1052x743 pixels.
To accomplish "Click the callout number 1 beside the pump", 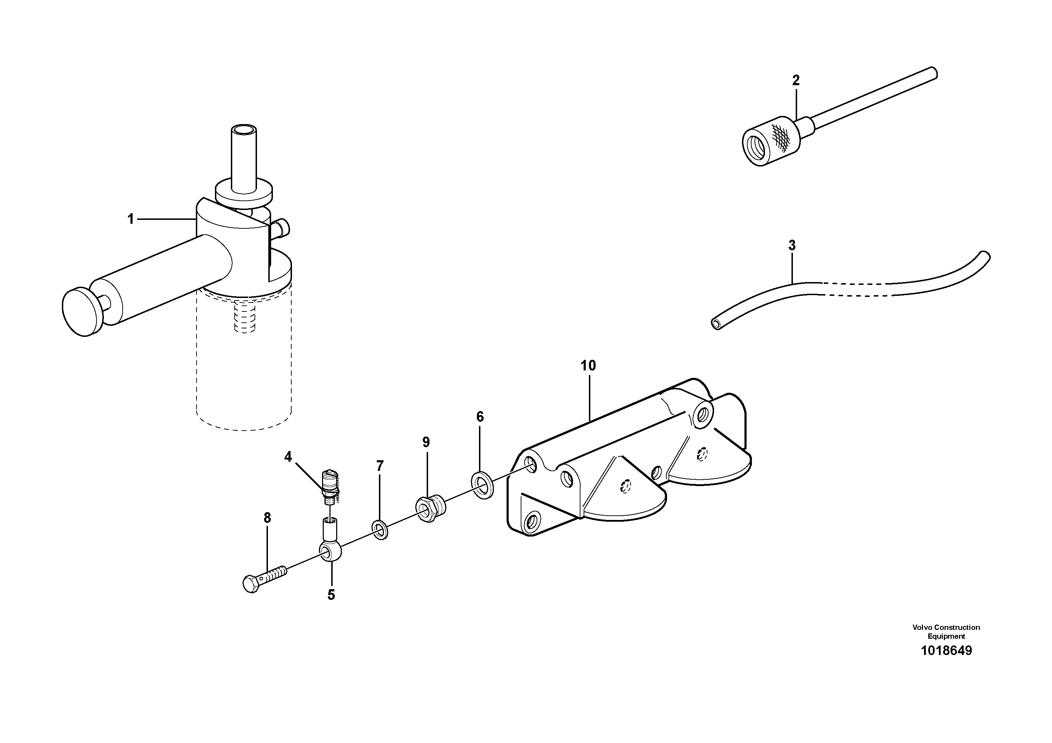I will pyautogui.click(x=130, y=220).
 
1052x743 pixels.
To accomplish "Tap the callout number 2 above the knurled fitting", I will pyautogui.click(x=796, y=80).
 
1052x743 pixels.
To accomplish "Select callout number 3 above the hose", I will pyautogui.click(x=792, y=246).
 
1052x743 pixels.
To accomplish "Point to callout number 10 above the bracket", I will pyautogui.click(x=588, y=365).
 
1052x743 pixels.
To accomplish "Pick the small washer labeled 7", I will pyautogui.click(x=380, y=530).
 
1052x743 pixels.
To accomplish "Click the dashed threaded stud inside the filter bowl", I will pyautogui.click(x=244, y=316).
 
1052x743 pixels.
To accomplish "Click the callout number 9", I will pyautogui.click(x=426, y=443).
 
